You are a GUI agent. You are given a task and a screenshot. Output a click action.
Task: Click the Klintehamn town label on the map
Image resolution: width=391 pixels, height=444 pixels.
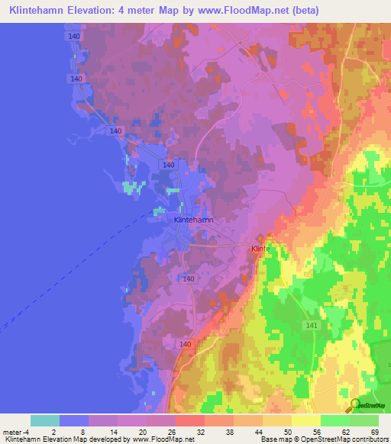(x=193, y=220)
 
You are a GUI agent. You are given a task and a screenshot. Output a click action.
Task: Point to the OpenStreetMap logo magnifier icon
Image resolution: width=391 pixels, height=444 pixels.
(x=354, y=404)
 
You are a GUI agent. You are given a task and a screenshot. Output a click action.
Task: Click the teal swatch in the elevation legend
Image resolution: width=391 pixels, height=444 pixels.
(x=45, y=420)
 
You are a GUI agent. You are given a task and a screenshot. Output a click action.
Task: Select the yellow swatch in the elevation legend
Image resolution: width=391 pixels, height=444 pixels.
(x=305, y=420)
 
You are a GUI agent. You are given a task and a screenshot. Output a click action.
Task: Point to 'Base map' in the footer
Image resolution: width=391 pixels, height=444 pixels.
(x=275, y=439)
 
